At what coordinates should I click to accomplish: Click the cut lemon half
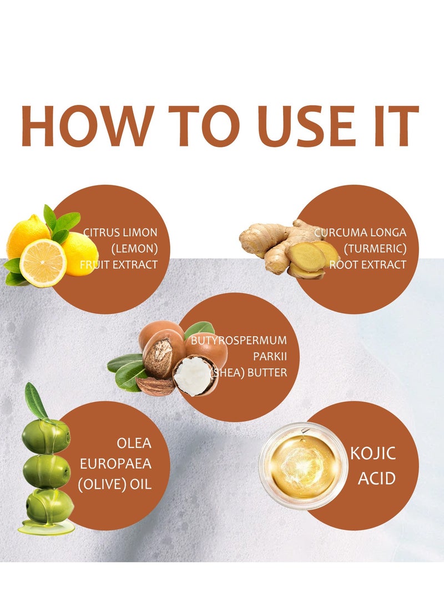click(x=43, y=263)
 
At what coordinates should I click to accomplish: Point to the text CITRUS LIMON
click(x=120, y=232)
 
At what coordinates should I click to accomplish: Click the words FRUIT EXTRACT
click(x=119, y=265)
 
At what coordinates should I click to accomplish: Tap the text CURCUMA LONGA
click(x=360, y=232)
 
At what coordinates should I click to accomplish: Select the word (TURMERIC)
click(x=375, y=248)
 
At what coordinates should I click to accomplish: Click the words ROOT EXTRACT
click(x=368, y=265)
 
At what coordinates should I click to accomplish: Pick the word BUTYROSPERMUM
click(x=239, y=340)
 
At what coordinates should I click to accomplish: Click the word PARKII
click(x=270, y=356)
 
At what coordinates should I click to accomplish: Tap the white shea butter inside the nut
click(x=194, y=375)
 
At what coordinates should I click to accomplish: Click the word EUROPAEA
click(x=115, y=464)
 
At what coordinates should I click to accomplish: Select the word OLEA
click(x=134, y=443)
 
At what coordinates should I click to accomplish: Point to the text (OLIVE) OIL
click(x=115, y=484)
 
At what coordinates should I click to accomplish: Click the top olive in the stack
click(x=46, y=436)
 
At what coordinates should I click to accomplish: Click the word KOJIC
click(x=373, y=454)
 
